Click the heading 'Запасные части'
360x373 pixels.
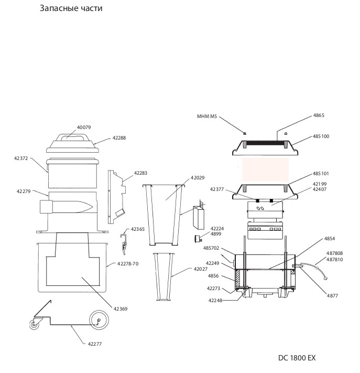point(71,8)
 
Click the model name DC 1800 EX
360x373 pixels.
point(297,358)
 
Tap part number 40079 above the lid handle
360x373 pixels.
point(84,127)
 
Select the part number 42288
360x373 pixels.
point(119,138)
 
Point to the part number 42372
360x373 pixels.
point(21,158)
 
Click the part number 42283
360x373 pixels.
point(140,173)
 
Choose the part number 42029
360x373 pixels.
point(197,178)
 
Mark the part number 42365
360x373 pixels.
point(138,229)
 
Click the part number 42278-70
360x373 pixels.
point(128,263)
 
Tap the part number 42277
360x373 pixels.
point(94,344)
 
